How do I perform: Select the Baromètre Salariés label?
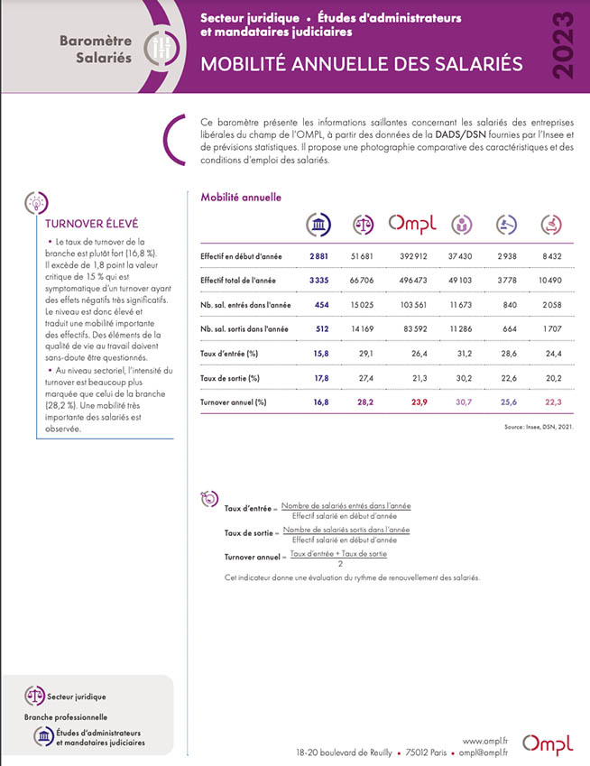tap(96, 50)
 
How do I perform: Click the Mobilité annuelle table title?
tap(241, 197)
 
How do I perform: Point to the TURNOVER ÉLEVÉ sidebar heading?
tap(85, 223)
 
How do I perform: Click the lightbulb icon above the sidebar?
tap(36, 199)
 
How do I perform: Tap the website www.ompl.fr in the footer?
tap(485, 742)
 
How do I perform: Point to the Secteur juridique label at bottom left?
tap(76, 697)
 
